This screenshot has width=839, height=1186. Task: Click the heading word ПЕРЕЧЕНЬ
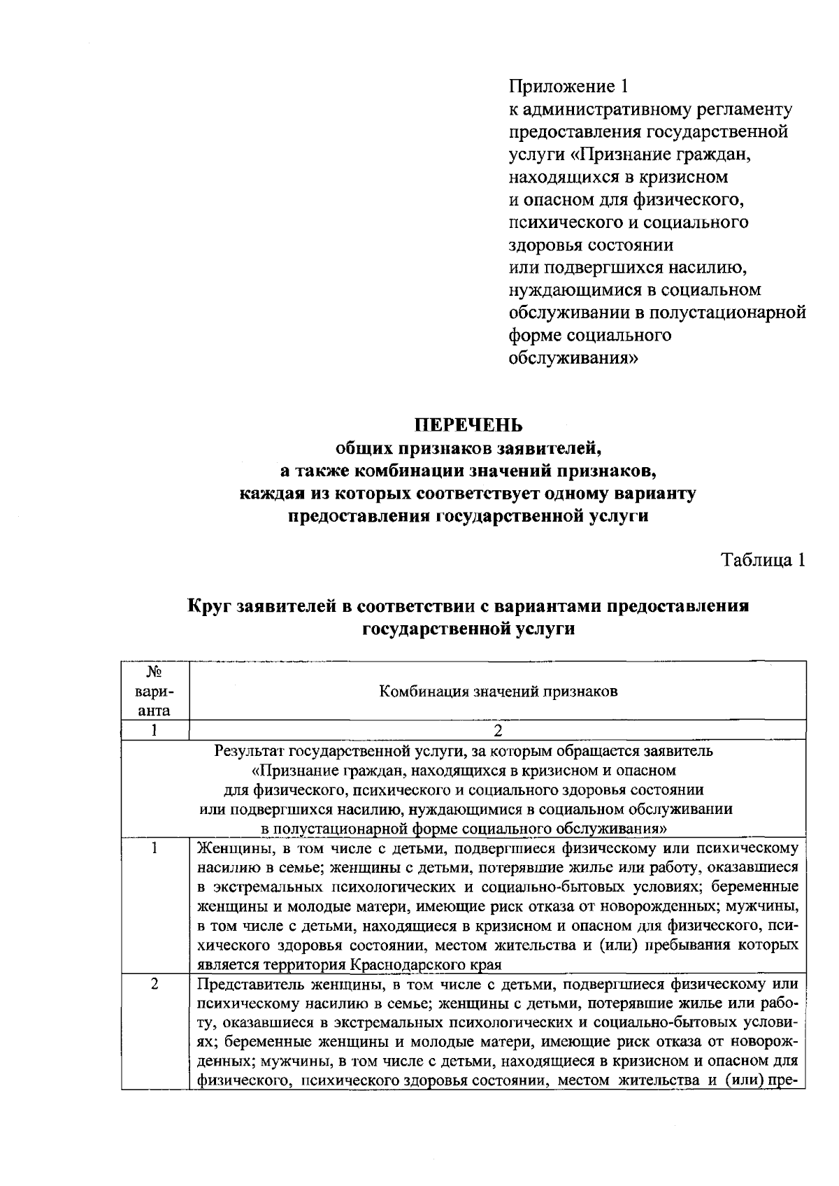(x=468, y=424)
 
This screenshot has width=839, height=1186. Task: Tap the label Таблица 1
(x=763, y=560)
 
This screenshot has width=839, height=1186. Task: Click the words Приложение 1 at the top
(x=568, y=86)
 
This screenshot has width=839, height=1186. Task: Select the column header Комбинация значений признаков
(x=498, y=692)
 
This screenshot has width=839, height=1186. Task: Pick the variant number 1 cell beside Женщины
(x=154, y=848)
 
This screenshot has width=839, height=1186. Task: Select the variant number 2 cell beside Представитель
(x=154, y=984)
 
